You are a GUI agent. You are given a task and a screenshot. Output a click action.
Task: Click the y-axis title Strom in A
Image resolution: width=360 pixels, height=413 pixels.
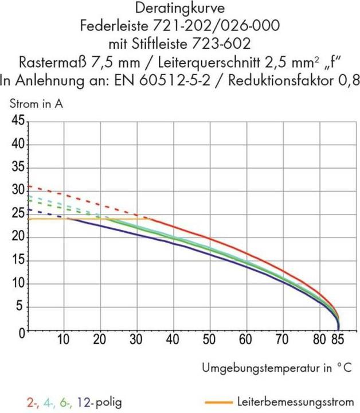tap(36, 104)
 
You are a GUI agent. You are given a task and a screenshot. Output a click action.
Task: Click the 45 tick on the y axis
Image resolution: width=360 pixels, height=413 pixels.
tap(17, 122)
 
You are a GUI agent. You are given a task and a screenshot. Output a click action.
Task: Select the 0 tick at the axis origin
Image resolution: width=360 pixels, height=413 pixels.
tap(21, 332)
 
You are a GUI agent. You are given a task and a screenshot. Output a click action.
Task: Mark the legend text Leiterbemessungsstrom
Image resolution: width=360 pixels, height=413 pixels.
tap(295, 401)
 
